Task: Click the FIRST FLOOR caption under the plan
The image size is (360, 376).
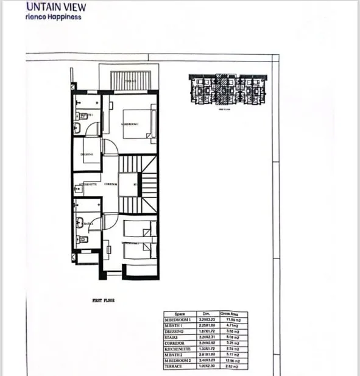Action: (x=103, y=300)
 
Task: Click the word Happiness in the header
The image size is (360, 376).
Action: (x=62, y=16)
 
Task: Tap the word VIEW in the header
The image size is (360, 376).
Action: (x=72, y=7)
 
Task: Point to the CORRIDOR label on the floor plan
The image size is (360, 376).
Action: (x=110, y=183)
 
